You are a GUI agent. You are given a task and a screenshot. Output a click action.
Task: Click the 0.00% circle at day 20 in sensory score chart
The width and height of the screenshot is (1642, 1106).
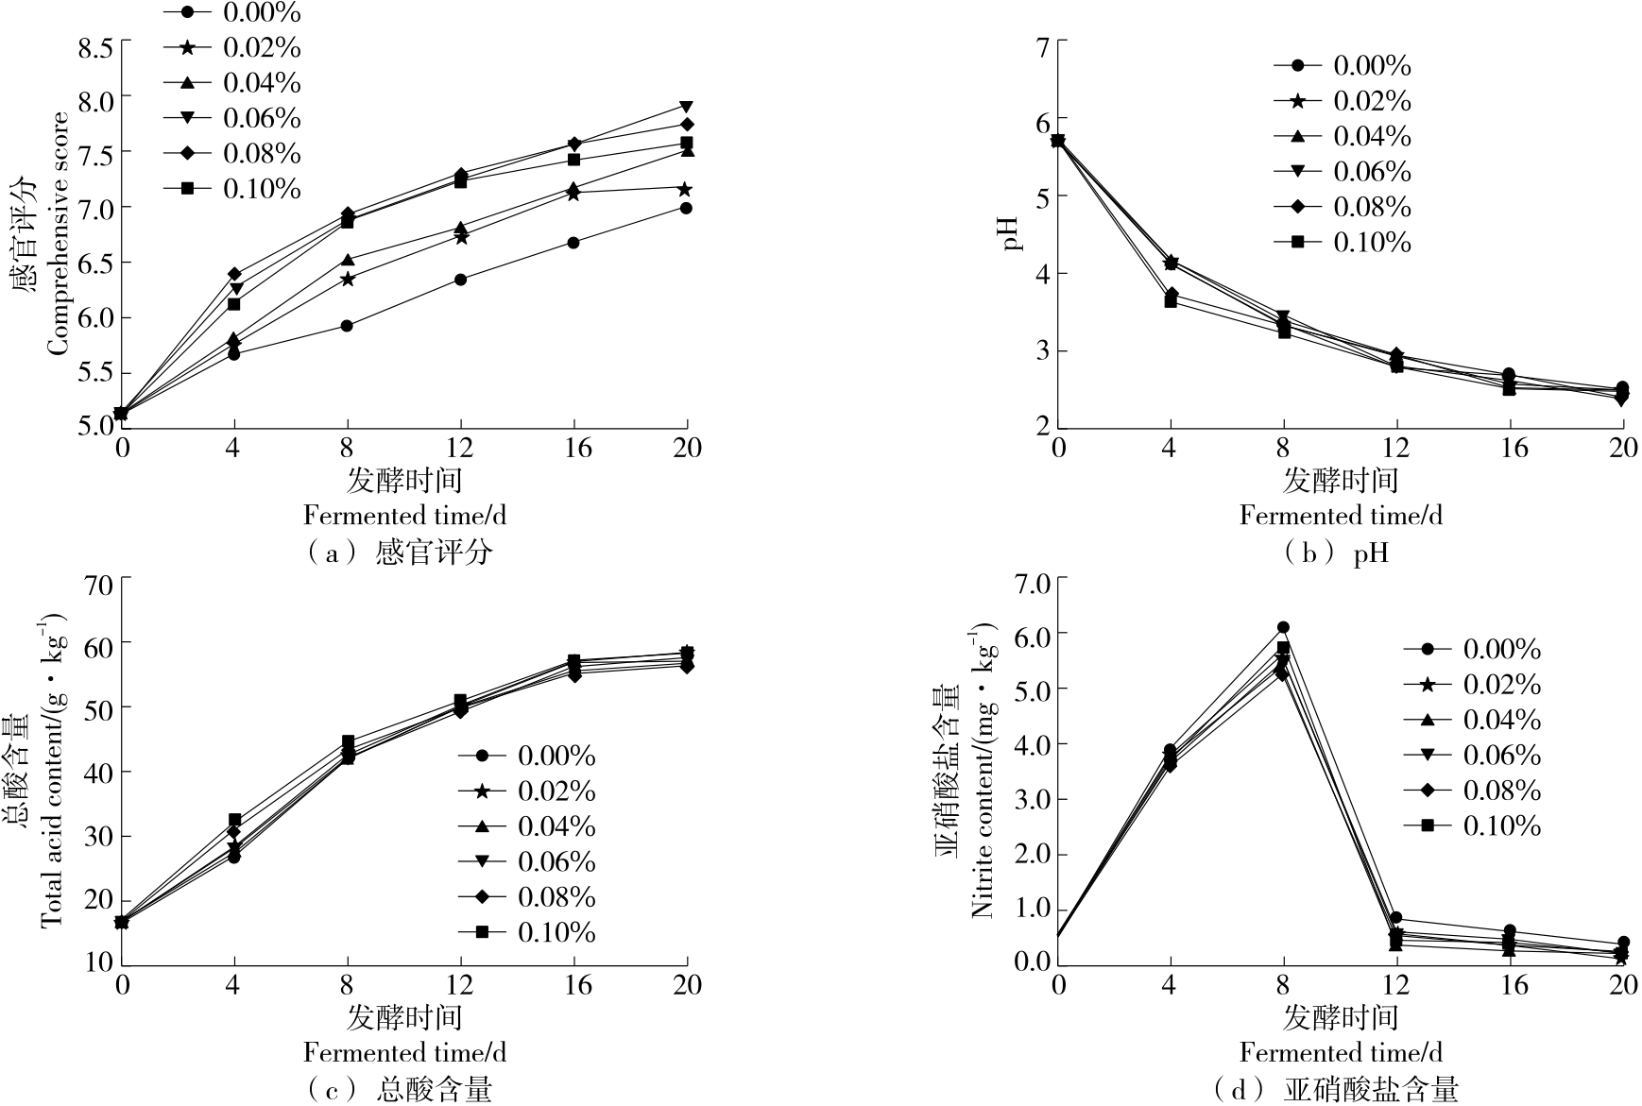687,208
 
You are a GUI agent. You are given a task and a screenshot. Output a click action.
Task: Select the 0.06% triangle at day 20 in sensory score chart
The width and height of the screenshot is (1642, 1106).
687,107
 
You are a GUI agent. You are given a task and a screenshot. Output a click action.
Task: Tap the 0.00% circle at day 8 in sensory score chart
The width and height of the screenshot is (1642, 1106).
347,326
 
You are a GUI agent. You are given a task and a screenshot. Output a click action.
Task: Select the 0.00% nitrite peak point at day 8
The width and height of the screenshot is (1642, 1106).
1283,627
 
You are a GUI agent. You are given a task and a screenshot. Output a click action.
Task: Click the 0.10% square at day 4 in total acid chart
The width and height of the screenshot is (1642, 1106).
234,820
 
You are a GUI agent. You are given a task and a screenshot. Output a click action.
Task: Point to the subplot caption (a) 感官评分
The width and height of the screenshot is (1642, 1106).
401,553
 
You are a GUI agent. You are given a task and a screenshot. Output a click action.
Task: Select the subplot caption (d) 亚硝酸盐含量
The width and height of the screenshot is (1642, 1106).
1337,1090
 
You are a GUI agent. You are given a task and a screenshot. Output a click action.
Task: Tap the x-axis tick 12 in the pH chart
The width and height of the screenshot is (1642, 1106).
1395,447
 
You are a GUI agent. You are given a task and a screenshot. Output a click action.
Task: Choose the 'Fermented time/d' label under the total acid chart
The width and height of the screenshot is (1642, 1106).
404,1052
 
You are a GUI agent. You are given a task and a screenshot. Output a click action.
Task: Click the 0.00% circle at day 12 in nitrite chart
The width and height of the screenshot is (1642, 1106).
1396,918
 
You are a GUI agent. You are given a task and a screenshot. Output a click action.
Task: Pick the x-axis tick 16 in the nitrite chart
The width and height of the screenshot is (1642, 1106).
1514,985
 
